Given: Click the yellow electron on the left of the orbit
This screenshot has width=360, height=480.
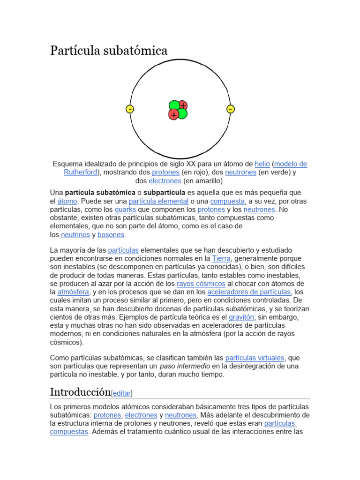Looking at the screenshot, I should coord(130,109).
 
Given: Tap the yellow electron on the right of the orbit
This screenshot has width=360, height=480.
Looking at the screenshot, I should coord(230,109).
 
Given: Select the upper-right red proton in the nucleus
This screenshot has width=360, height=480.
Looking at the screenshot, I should coord(182,105).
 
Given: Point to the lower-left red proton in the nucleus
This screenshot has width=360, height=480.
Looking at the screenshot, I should coord(174,114).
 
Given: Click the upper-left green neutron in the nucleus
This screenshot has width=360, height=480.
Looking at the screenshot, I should coord(174,105).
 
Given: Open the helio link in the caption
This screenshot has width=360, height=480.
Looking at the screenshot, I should coord(262,164).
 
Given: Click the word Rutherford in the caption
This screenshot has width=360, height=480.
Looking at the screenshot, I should coord(80,172).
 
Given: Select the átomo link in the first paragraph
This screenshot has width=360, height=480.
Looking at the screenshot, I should coord(67,201).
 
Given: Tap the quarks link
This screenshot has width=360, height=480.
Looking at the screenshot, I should coord(125,210).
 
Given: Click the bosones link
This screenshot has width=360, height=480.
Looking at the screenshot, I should coord(111,235).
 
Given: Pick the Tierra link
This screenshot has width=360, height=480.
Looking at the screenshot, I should coord(221,259).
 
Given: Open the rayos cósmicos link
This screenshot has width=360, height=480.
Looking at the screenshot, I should coord(201,284).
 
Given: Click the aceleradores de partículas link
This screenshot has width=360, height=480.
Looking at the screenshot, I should coord(246,292).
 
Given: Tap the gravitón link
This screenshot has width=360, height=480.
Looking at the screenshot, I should coord(241,318).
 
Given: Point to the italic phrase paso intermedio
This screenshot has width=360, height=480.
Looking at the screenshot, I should coord(185,367).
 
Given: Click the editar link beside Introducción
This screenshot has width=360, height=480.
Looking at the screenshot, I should coord(122,394).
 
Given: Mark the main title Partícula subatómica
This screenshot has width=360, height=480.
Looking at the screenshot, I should coord(109,51).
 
